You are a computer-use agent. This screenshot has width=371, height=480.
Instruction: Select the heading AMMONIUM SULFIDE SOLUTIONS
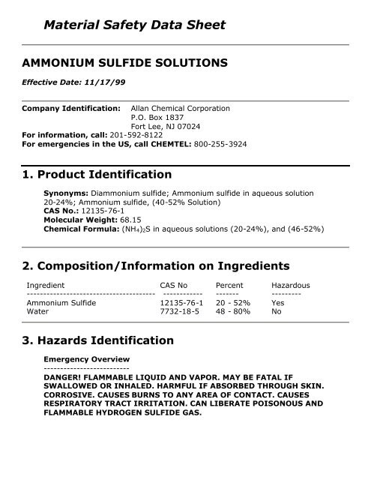pyautogui.click(x=124, y=64)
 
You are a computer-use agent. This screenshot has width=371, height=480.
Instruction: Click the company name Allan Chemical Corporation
pyautogui.click(x=180, y=109)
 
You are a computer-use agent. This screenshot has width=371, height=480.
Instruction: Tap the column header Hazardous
pyautogui.click(x=291, y=285)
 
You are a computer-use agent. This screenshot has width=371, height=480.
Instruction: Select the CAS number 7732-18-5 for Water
pyautogui.click(x=181, y=309)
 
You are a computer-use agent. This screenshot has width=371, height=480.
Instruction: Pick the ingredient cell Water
pyautogui.click(x=37, y=309)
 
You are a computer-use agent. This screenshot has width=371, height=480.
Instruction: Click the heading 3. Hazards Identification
pyautogui.click(x=99, y=340)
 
